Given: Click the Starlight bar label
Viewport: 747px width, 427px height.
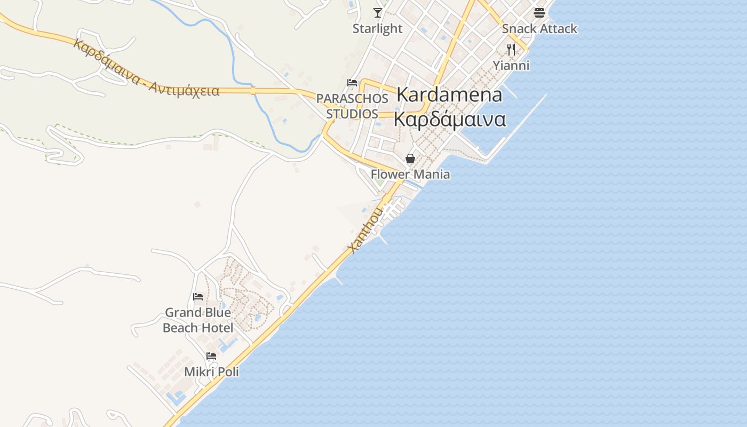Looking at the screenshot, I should tap(377, 29).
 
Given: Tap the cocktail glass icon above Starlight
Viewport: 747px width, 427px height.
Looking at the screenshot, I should tap(378, 13).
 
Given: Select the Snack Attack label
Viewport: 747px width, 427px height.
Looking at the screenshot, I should tap(539, 29).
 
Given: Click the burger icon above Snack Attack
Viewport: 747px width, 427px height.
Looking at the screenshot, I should tap(539, 13).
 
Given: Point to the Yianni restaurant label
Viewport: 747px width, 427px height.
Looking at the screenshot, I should tap(511, 66).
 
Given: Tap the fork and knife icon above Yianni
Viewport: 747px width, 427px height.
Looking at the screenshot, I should tap(511, 50).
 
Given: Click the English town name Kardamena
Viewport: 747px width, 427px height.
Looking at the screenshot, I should tap(449, 95).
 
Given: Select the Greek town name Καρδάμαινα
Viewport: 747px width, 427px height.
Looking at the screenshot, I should tap(449, 119).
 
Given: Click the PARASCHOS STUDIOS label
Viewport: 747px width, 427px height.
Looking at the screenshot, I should tap(352, 106).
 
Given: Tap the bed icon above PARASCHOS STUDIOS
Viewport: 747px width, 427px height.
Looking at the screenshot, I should tap(352, 83).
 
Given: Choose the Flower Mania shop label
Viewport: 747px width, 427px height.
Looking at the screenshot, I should tap(410, 175).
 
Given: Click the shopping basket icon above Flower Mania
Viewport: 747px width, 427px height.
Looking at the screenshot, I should tap(410, 159).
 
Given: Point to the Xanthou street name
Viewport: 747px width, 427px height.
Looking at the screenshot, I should tap(365, 231).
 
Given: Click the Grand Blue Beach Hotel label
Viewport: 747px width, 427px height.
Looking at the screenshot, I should tap(198, 320).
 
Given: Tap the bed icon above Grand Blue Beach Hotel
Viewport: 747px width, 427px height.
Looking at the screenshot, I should tap(198, 297).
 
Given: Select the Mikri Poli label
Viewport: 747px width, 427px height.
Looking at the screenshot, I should tap(211, 371).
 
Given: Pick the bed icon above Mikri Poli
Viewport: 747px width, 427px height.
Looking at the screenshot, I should tap(211, 356).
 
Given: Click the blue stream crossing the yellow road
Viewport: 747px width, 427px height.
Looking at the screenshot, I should tap(252, 91).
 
